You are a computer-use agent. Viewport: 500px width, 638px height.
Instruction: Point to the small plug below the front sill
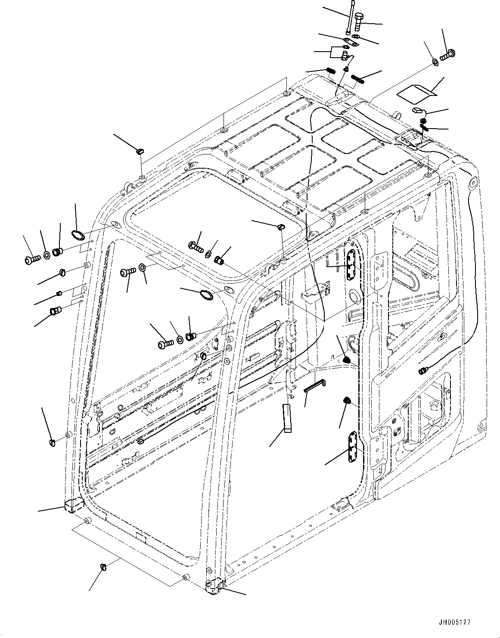click(103, 578)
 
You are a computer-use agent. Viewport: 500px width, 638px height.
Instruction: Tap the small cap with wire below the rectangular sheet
click(417, 111)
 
